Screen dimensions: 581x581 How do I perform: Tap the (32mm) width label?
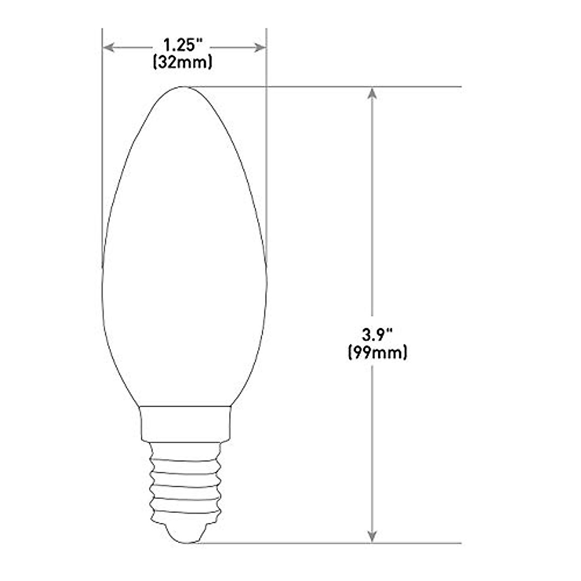(x=183, y=63)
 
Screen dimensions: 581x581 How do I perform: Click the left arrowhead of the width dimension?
(x=109, y=47)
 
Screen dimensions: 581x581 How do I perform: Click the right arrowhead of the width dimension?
(x=260, y=47)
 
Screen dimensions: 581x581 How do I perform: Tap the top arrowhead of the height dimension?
(x=372, y=93)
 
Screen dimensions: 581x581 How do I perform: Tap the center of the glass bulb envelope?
(x=184, y=252)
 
